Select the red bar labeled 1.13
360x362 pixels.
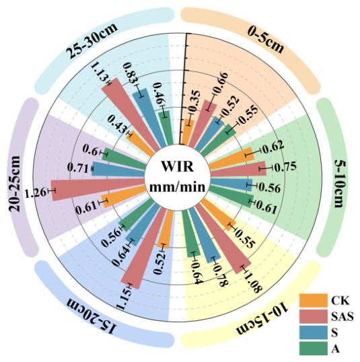point(131,115)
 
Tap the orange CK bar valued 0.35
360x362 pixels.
point(187,132)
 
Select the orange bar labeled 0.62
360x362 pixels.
point(231,159)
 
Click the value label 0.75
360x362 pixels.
point(285,167)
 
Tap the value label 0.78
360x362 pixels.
point(220,275)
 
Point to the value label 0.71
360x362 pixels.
point(78,168)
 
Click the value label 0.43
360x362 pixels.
point(117,124)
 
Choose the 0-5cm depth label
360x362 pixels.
point(266,39)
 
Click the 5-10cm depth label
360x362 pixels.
point(340,184)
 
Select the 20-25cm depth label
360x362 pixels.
point(15,184)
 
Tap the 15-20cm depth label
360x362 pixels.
point(92,316)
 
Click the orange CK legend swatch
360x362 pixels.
point(313,301)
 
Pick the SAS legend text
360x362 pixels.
point(343,316)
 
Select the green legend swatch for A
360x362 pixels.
point(313,348)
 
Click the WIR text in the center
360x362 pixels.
point(178,166)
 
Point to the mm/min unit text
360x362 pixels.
point(178,186)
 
